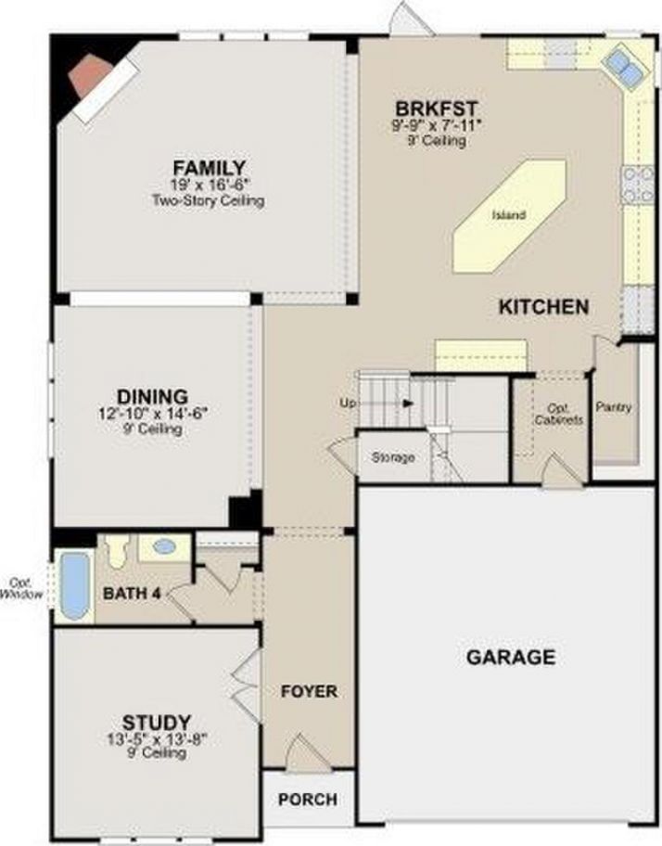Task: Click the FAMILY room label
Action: click(209, 168)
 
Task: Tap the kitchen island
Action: click(509, 215)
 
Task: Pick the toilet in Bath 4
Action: click(117, 551)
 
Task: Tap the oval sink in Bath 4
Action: click(164, 546)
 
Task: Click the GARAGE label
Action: click(510, 658)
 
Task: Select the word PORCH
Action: click(307, 800)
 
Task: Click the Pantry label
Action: click(614, 407)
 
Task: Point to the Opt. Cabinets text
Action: click(558, 415)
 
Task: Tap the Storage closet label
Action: click(392, 458)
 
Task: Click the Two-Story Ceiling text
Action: click(209, 200)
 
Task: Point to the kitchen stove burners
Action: click(638, 185)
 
